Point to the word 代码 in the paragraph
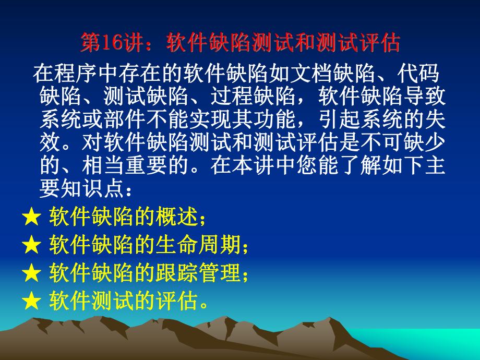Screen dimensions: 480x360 (x=418, y=74)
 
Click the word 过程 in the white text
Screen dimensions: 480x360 (x=232, y=96)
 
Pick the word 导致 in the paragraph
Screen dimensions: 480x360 (x=424, y=96)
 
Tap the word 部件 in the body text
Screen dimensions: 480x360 (x=125, y=119)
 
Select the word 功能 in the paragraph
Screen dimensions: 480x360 (x=274, y=119)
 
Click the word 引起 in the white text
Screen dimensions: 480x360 (x=339, y=119)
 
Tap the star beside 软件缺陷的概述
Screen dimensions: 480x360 (x=31, y=217)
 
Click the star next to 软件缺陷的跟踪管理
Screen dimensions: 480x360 (x=31, y=273)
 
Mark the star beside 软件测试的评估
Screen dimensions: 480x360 (x=31, y=301)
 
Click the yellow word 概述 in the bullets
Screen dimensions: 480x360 (x=177, y=217)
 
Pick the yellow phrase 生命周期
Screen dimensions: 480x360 (x=198, y=245)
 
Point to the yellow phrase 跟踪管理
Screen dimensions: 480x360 (x=198, y=272)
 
